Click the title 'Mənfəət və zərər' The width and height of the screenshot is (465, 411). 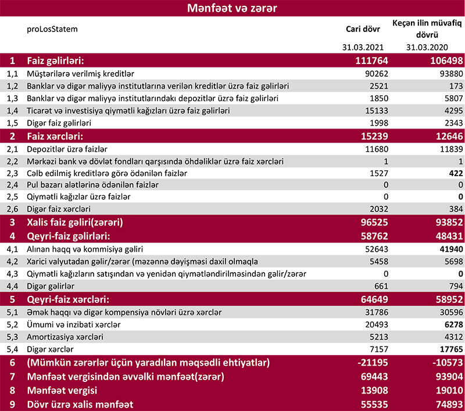click(232, 8)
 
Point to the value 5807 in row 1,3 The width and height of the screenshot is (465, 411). click(452, 98)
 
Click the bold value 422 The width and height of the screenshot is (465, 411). click(456, 173)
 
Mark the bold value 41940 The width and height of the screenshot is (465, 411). click(449, 249)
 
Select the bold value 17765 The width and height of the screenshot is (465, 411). click(449, 349)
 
